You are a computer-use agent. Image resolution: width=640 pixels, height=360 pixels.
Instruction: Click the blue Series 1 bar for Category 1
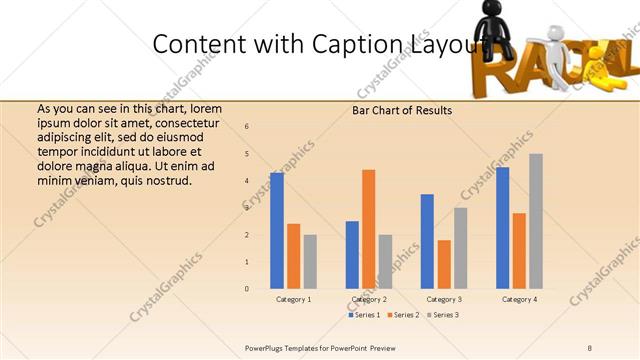[x=277, y=231]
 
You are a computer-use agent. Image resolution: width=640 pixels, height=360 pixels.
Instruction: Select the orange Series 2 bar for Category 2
[x=369, y=229]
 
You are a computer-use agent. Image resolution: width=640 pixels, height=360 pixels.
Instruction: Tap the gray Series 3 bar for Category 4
[x=536, y=221]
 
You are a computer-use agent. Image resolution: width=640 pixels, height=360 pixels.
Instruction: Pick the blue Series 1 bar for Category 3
[x=427, y=241]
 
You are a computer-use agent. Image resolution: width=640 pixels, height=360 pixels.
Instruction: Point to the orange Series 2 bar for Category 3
[x=444, y=264]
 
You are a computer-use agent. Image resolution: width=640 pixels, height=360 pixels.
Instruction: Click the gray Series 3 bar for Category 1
[x=310, y=261]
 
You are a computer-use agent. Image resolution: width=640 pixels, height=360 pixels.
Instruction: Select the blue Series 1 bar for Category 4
[x=503, y=228]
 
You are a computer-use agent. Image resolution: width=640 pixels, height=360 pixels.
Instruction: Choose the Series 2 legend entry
[x=404, y=315]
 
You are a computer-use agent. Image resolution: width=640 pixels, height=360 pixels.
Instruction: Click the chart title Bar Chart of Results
[x=402, y=110]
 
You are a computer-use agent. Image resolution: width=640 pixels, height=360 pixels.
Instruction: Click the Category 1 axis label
[x=293, y=299]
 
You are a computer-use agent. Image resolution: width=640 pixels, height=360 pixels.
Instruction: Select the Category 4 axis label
[x=519, y=299]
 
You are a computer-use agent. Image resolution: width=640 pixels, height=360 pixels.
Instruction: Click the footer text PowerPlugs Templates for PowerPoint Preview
[x=320, y=347]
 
